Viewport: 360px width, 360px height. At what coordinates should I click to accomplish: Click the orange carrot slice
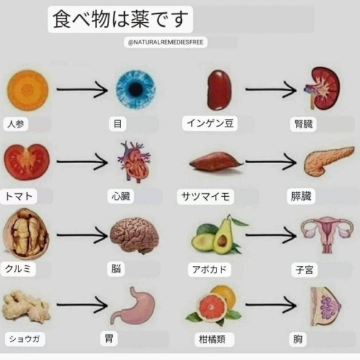(28, 90)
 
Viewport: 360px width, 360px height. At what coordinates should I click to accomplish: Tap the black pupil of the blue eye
(136, 90)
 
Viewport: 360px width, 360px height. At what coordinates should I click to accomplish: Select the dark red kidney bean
(219, 90)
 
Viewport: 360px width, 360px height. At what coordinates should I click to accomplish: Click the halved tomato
(27, 161)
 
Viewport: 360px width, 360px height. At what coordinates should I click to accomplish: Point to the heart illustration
(134, 162)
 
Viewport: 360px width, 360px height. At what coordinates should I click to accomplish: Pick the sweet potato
(216, 161)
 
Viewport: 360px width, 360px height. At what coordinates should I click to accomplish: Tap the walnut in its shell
(26, 234)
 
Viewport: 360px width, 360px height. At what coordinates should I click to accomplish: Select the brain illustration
(134, 235)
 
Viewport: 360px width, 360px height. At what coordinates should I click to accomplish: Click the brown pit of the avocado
(222, 241)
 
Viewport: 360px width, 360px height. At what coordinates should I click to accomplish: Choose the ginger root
(26, 306)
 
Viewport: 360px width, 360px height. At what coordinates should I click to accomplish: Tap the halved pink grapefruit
(212, 307)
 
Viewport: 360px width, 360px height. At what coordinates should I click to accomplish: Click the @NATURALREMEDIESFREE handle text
(166, 42)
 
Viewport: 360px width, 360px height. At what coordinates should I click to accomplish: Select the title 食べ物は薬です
(120, 20)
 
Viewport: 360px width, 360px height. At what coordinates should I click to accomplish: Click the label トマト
(19, 196)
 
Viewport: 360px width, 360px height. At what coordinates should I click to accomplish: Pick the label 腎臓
(304, 124)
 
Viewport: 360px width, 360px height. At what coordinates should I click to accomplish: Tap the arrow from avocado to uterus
(271, 235)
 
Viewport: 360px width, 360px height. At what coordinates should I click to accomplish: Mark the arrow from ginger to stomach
(82, 305)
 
